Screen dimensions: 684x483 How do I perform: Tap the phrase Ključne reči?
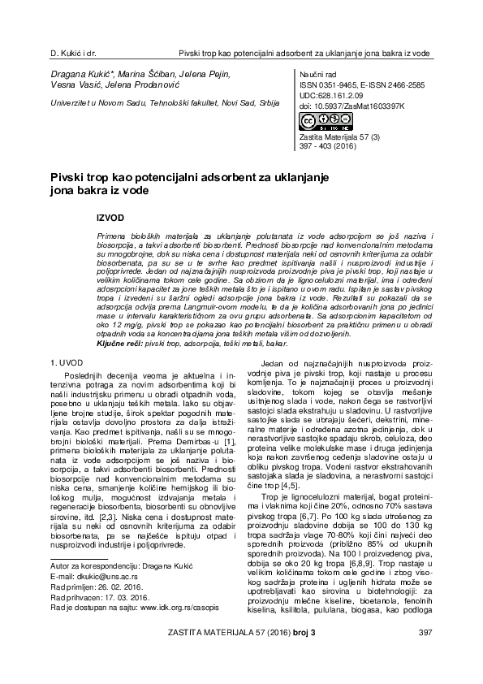tap(119, 323)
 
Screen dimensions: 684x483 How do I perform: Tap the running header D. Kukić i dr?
tap(74, 53)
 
